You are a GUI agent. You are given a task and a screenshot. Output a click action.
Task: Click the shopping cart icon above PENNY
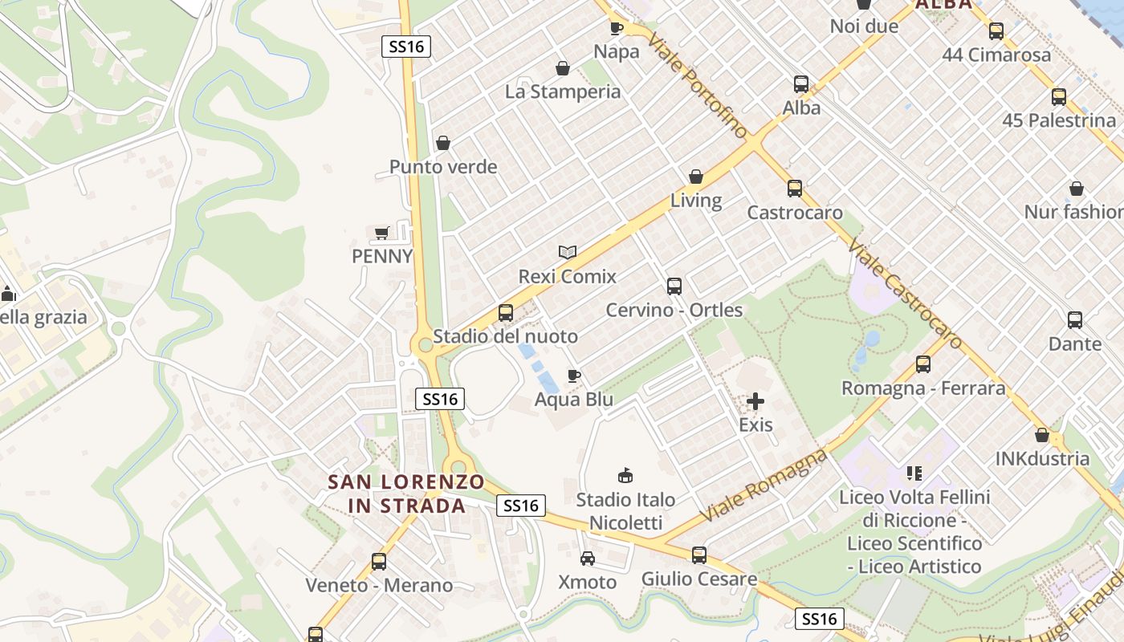pos(382,233)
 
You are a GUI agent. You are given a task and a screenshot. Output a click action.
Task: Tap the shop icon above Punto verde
pos(442,144)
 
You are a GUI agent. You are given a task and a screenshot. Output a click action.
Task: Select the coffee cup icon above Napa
pos(616,28)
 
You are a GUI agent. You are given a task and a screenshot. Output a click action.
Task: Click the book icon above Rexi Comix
pos(568,252)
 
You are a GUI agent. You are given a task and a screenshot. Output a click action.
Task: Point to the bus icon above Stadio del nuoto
pos(505,312)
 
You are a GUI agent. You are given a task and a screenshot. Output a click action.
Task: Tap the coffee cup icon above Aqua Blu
pos(573,376)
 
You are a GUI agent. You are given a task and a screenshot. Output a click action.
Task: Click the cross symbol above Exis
pos(755,400)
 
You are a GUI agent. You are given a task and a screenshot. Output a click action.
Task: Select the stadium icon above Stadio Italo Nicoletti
pos(625,475)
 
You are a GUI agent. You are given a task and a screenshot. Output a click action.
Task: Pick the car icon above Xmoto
pos(588,559)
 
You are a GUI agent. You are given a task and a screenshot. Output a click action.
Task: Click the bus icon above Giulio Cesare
pos(699,555)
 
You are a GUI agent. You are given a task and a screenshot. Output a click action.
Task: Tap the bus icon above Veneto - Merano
pos(379,561)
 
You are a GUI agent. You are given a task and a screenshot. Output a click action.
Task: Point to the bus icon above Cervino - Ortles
pos(674,286)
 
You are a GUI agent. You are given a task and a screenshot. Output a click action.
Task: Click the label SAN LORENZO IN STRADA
pos(406,494)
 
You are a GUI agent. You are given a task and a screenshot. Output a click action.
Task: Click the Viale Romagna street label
pos(764,485)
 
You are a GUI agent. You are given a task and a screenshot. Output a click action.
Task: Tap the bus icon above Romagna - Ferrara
pos(923,364)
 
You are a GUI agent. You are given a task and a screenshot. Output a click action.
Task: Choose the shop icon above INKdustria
pos(1042,435)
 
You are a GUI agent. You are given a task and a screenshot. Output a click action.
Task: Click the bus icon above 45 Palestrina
pos(1059,97)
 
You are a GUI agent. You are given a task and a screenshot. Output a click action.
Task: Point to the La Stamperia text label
pos(563,91)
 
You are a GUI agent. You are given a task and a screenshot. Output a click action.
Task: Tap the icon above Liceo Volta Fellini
pos(914,473)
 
